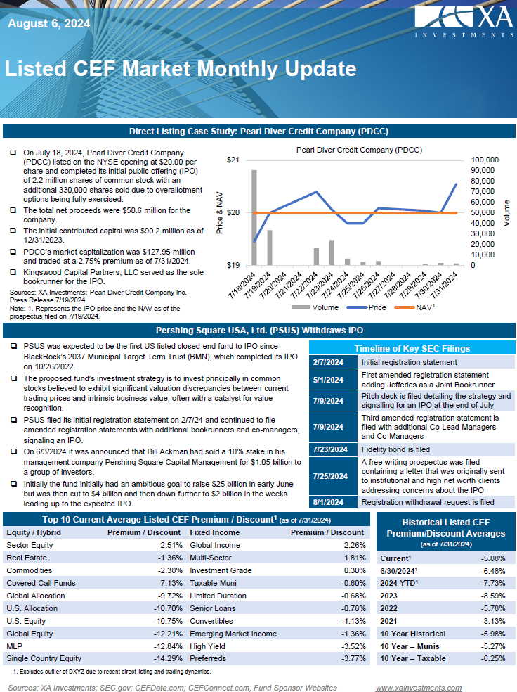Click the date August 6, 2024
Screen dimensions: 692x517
tap(48, 24)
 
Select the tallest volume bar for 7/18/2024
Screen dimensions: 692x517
tap(254, 217)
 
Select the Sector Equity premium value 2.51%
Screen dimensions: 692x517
tap(171, 545)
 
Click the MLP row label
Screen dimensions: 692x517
tap(13, 646)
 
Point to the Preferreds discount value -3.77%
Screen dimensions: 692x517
tap(353, 659)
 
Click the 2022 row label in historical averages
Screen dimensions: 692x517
tap(388, 608)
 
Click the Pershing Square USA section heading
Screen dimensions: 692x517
tap(258, 330)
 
